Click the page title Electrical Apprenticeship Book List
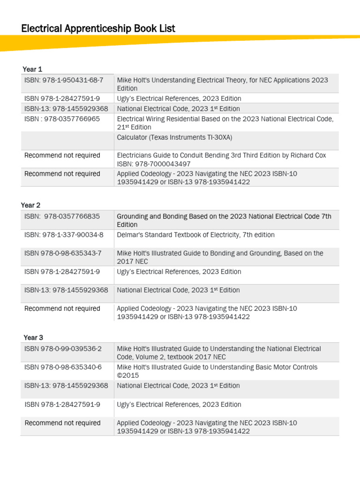(x=98, y=29)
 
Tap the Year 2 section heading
(x=30, y=205)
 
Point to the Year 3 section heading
(x=33, y=337)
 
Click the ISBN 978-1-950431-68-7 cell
(x=64, y=80)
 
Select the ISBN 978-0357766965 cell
(x=62, y=119)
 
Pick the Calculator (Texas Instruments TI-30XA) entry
(x=174, y=137)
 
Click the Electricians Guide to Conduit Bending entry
(x=221, y=155)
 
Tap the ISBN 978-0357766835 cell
(x=62, y=216)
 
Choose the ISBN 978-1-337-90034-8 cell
(x=64, y=235)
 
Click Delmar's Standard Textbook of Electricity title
(x=195, y=235)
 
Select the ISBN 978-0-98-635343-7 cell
(x=63, y=253)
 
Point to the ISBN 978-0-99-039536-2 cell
(x=63, y=349)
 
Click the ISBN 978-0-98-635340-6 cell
(x=63, y=367)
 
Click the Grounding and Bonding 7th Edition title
(x=224, y=220)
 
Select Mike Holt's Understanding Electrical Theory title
(x=222, y=84)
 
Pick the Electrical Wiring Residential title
(x=225, y=123)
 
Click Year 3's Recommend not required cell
(x=62, y=423)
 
